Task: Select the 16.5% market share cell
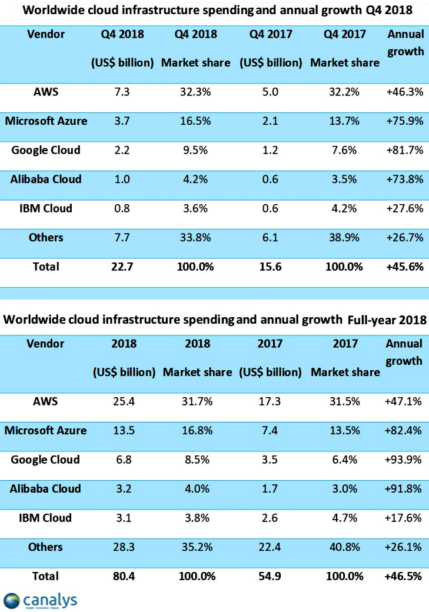pos(195,121)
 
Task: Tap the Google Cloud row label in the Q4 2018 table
pos(46,150)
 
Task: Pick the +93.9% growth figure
pos(404,460)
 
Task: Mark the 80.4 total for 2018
pos(124,576)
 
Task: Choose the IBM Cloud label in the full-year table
pos(45,518)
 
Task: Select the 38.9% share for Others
pos(344,238)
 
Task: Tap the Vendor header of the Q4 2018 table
pos(46,34)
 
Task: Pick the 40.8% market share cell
pos(344,547)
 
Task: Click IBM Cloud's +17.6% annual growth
pos(404,518)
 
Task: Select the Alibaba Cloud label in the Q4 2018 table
pos(46,179)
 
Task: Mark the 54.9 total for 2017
pos(270,576)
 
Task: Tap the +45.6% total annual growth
pos(404,267)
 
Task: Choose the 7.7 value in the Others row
pos(123,238)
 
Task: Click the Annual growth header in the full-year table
pos(404,352)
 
